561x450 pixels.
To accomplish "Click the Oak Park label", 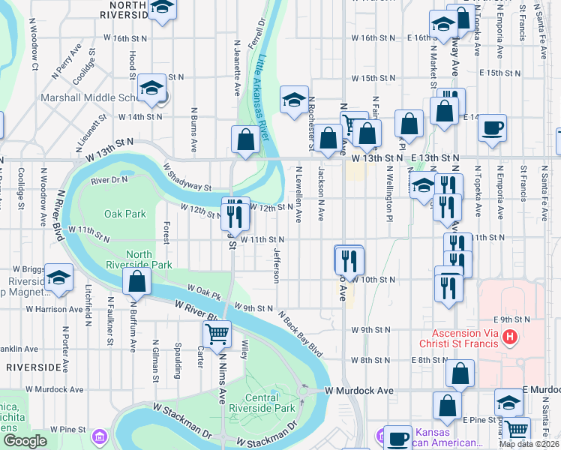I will (x=125, y=214).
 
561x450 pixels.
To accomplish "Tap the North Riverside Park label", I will (x=149, y=259).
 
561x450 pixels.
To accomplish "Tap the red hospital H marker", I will (x=511, y=337).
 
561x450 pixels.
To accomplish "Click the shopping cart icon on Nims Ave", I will (x=217, y=334).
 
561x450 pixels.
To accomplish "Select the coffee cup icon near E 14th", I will (x=491, y=127).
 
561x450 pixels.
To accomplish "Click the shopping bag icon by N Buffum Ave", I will (x=136, y=282).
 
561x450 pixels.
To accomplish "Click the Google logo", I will (x=25, y=441).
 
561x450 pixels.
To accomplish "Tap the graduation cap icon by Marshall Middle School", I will (x=151, y=89).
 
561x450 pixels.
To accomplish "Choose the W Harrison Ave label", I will (x=54, y=309).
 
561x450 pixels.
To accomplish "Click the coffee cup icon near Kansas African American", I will (x=397, y=437).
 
